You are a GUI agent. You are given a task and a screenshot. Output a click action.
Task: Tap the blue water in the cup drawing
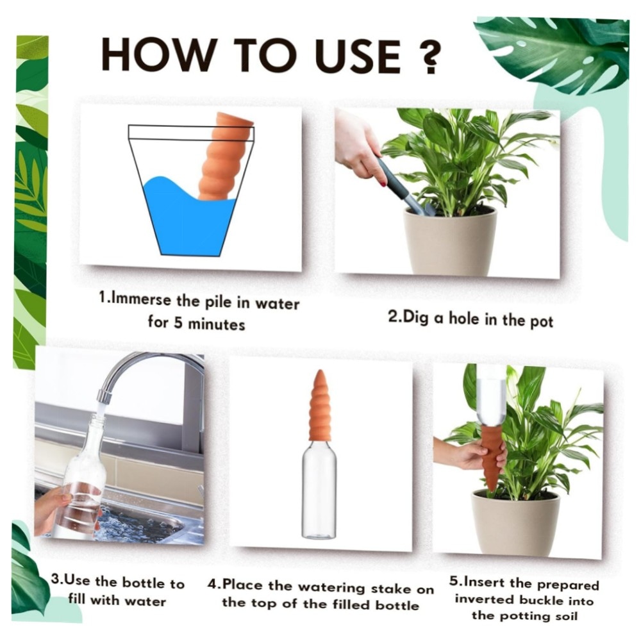[191, 216]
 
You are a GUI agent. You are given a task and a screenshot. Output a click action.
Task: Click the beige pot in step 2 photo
[449, 240]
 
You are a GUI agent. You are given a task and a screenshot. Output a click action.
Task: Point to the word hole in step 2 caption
[464, 318]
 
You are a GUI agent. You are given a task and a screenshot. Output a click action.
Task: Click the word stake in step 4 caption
[389, 588]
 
